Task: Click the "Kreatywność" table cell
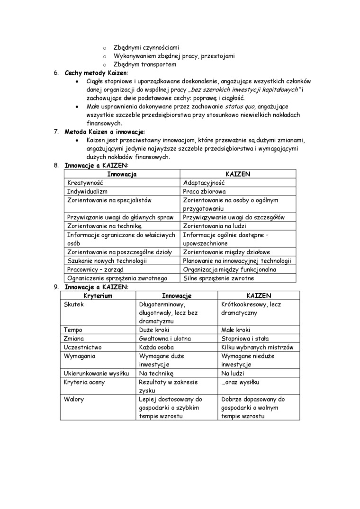click(x=85, y=183)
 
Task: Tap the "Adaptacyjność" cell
click(x=204, y=183)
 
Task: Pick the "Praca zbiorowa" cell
click(x=204, y=191)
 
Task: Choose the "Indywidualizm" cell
click(x=88, y=191)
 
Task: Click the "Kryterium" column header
click(x=98, y=295)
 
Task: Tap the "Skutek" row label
click(x=73, y=304)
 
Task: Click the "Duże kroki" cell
click(x=154, y=330)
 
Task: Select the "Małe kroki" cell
click(x=236, y=330)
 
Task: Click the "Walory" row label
click(x=74, y=399)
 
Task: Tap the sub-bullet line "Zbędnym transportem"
click(x=145, y=64)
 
